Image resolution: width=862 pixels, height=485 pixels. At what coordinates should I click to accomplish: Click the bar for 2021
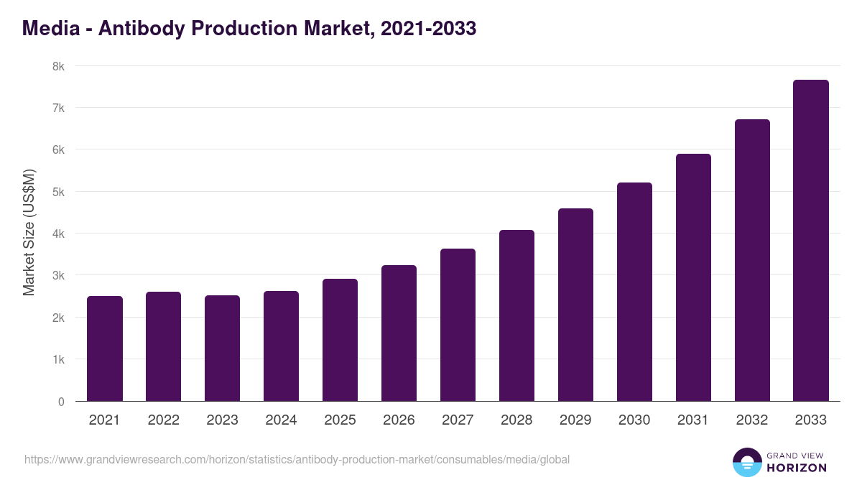click(x=104, y=348)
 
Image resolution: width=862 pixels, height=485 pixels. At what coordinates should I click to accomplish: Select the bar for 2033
click(x=811, y=241)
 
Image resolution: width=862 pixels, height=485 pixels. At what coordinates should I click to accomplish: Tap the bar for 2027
click(x=458, y=325)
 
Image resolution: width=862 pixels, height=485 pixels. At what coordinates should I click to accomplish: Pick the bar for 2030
click(x=634, y=292)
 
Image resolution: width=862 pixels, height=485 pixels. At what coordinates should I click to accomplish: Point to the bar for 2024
click(x=281, y=346)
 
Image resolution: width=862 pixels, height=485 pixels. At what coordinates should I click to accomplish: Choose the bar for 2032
click(x=752, y=260)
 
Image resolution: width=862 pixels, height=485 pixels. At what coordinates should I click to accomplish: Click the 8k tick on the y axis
click(x=58, y=66)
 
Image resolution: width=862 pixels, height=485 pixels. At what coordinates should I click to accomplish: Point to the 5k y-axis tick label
click(x=58, y=192)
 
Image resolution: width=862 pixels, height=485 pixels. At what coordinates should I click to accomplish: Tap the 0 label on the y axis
click(x=61, y=402)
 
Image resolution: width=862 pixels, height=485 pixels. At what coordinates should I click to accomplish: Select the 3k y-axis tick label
click(x=58, y=276)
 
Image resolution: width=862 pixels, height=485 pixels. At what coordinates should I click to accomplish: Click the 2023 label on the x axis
click(x=222, y=420)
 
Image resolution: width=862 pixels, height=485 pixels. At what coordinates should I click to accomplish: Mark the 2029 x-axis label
click(x=575, y=420)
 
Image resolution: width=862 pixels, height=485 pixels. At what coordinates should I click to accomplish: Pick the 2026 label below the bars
click(x=399, y=420)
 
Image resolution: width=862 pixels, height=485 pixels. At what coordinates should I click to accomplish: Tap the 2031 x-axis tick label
click(x=693, y=420)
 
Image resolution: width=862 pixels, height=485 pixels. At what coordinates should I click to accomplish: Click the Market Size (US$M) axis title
click(x=29, y=234)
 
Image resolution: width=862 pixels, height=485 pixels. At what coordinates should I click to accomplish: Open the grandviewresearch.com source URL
click(x=297, y=459)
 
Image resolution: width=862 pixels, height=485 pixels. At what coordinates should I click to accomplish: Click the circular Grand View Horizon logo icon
click(x=746, y=462)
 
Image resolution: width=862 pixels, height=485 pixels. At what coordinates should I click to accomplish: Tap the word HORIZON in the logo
click(x=797, y=468)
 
